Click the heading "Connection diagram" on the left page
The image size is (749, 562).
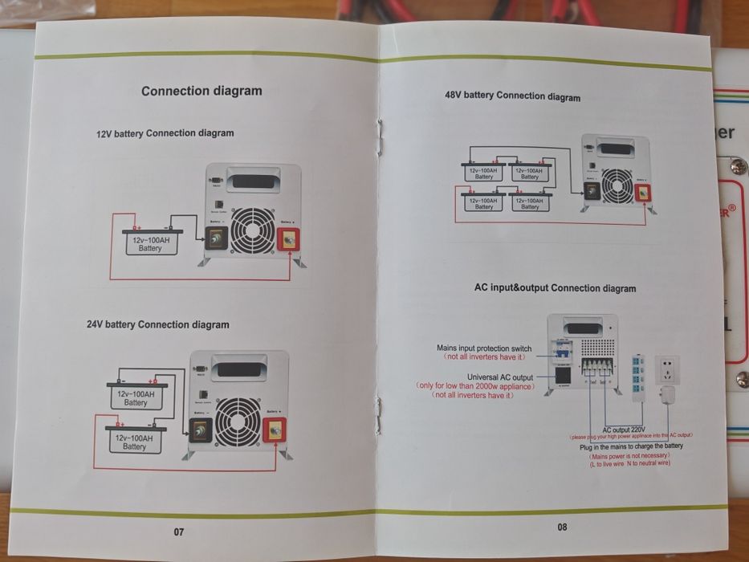201,91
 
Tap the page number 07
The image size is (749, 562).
179,531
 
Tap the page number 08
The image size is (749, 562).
562,527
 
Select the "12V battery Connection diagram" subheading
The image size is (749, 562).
165,133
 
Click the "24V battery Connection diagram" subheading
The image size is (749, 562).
157,324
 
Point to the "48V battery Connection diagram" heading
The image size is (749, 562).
512,96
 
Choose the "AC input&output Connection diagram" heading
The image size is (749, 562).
555,288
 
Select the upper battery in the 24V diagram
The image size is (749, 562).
136,398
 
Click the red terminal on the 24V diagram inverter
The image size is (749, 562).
275,430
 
